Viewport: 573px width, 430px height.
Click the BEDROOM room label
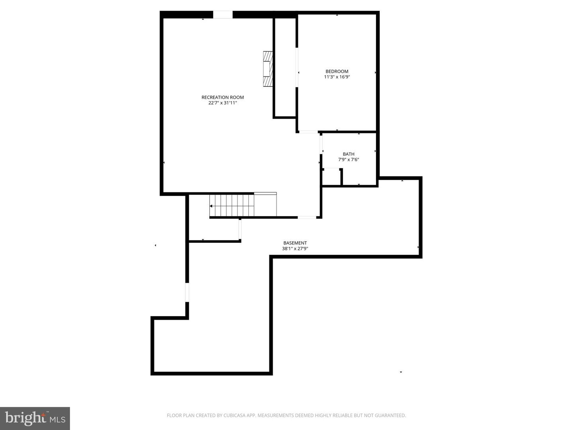(337, 72)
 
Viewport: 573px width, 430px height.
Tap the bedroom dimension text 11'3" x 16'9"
(337, 77)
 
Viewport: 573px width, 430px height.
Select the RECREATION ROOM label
(222, 98)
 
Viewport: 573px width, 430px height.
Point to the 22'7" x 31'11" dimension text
(222, 103)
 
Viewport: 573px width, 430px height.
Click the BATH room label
(349, 154)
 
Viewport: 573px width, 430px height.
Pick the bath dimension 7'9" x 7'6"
(349, 160)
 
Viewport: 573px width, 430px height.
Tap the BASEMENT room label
(295, 243)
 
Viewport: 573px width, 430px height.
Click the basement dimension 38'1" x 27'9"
(295, 249)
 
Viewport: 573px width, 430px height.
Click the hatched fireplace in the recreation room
(268, 68)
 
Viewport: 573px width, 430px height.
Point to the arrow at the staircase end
(211, 206)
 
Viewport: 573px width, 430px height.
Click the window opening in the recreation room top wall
(223, 15)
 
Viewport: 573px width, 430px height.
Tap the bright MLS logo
(35, 418)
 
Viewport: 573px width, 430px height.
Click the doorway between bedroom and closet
(297, 67)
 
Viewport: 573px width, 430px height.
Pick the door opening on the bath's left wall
(321, 144)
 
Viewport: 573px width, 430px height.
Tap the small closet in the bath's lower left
(331, 177)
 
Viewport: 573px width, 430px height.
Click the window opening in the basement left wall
(187, 292)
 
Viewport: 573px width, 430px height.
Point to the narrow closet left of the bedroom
(285, 68)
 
